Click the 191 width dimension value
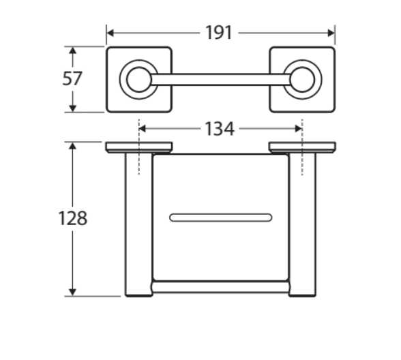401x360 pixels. [x=219, y=32]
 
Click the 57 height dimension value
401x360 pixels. [x=72, y=79]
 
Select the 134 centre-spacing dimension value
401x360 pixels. [x=220, y=128]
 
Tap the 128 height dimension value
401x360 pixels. [x=72, y=218]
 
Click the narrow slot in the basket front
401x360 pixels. [x=220, y=218]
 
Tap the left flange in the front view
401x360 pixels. [x=138, y=147]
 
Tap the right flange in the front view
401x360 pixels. [x=301, y=147]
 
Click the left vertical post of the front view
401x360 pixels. [x=137, y=225]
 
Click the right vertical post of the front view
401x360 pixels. [x=301, y=225]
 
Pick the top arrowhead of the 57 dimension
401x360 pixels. [x=72, y=50]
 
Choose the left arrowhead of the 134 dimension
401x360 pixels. [x=143, y=128]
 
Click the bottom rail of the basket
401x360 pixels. [x=220, y=287]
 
